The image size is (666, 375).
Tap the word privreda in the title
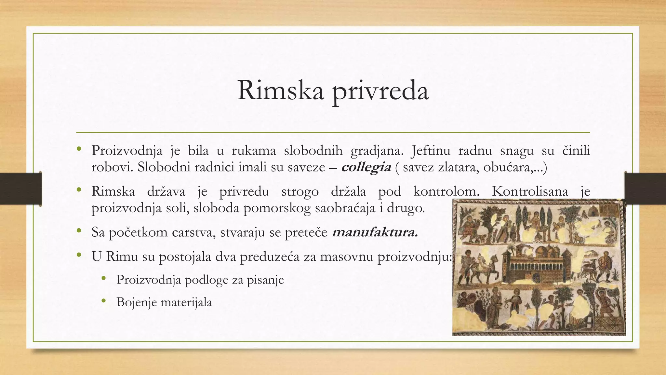point(380,92)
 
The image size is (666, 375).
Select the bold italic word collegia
point(366,167)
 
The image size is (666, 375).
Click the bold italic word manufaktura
point(375,232)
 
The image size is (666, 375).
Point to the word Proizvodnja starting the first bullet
point(127,151)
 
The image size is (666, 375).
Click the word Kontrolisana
point(530,191)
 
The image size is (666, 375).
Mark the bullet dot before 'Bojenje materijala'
point(104,301)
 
